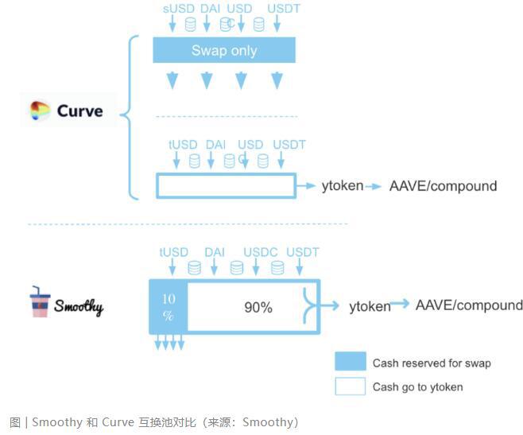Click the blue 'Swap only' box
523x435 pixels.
(223, 51)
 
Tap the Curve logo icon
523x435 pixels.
(40, 111)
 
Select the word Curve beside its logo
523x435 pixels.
(79, 111)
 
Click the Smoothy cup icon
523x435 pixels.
(40, 302)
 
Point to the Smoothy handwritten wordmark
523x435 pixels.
(79, 305)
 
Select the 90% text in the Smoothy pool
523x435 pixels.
(258, 307)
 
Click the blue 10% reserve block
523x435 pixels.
(168, 307)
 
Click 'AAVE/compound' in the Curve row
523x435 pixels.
(443, 186)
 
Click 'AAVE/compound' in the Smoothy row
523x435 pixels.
(469, 305)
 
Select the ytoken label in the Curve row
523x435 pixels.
(343, 186)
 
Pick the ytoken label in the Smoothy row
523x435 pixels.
(370, 306)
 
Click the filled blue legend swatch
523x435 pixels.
(350, 362)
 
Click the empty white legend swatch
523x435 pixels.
(350, 386)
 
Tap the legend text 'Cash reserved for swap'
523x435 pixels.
(432, 363)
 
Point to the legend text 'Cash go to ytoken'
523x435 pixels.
(417, 387)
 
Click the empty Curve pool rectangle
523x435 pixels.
(226, 186)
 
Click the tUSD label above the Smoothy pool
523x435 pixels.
(173, 252)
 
